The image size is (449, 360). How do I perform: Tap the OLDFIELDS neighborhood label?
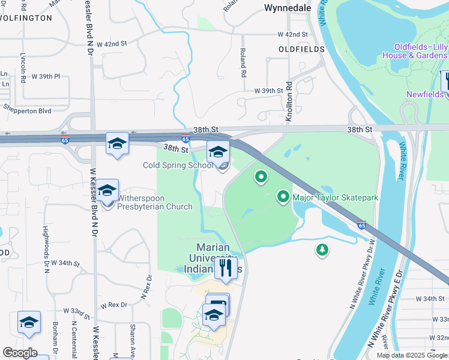click(301, 49)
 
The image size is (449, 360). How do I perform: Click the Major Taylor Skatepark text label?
click(335, 197)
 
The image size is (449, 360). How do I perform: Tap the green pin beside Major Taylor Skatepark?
click(283, 197)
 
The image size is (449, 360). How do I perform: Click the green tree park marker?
click(322, 250)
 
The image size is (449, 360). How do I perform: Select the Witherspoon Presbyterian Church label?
click(154, 202)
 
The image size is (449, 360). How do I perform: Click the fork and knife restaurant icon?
click(226, 267)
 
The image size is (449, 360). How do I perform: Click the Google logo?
click(19, 353)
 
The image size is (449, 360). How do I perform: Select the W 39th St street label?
click(268, 91)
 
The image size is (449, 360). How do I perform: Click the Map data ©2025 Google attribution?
click(412, 355)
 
